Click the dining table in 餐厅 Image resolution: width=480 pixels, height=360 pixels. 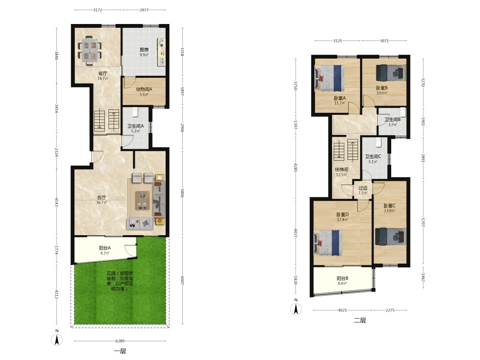point(89,51)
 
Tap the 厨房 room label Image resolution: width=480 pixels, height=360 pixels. point(144,49)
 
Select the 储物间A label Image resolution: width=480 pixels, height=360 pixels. point(144,89)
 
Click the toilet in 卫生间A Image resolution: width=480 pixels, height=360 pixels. point(136,112)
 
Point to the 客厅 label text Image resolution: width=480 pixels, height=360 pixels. point(102,197)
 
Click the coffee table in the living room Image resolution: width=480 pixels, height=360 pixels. point(143,201)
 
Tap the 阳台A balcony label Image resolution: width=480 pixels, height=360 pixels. point(105,248)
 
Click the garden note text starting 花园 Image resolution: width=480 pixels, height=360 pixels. point(120,281)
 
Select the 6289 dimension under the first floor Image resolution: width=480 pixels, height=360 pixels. point(120,341)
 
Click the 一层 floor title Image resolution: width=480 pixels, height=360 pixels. point(120,351)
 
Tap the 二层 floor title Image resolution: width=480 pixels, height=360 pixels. point(360,321)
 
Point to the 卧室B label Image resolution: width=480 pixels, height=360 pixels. point(382,88)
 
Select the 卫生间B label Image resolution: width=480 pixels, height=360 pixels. point(393,120)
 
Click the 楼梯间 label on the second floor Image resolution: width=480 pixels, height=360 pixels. point(341,169)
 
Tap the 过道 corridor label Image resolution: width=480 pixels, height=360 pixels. point(363,188)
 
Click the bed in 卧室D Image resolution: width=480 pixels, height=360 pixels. point(327,243)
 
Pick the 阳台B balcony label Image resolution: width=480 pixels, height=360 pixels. point(343,278)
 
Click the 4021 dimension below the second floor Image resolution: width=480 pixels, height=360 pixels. point(343,310)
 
